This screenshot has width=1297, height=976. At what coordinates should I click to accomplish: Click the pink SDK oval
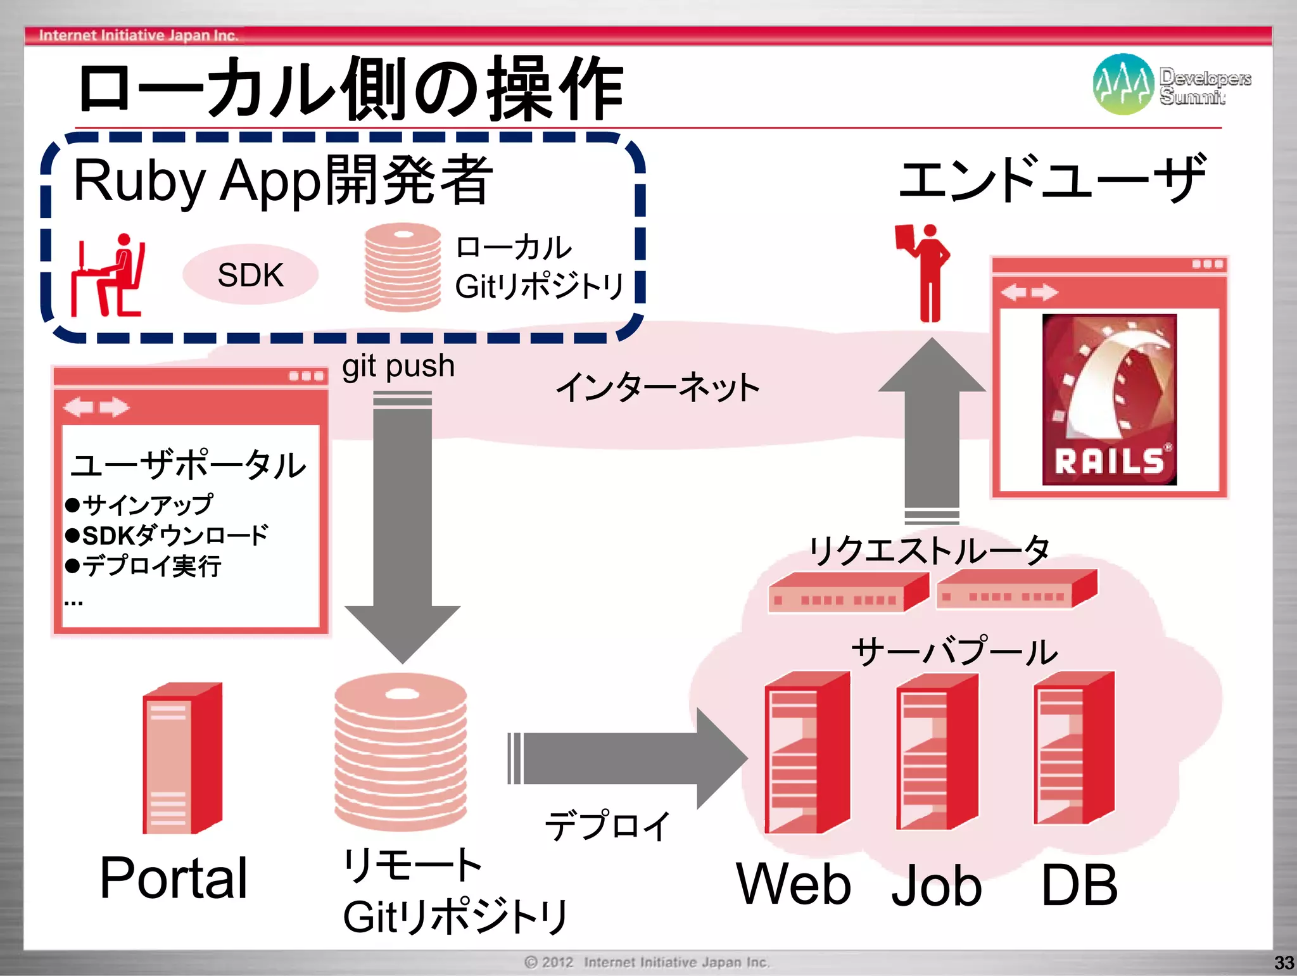point(250,275)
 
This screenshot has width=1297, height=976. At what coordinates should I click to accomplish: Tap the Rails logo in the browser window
point(1109,400)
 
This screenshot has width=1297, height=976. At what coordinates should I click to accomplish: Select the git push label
point(398,366)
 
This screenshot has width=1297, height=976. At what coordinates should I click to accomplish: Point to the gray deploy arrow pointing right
point(627,758)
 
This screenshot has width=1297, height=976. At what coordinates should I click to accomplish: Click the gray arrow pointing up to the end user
point(932,431)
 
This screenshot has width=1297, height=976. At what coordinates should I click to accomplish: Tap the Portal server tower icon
point(182,758)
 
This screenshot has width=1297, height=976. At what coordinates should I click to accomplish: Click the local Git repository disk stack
point(403,267)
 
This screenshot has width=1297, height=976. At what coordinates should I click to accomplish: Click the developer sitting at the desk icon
point(108,276)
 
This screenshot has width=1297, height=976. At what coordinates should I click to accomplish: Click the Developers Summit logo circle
point(1123,84)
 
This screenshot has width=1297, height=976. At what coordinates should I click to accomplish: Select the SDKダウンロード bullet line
point(168,536)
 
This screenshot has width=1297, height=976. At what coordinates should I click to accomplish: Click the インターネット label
point(657,388)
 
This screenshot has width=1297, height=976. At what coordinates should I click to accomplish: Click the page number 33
point(1283,963)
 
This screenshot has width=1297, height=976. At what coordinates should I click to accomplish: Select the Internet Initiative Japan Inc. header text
point(138,35)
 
